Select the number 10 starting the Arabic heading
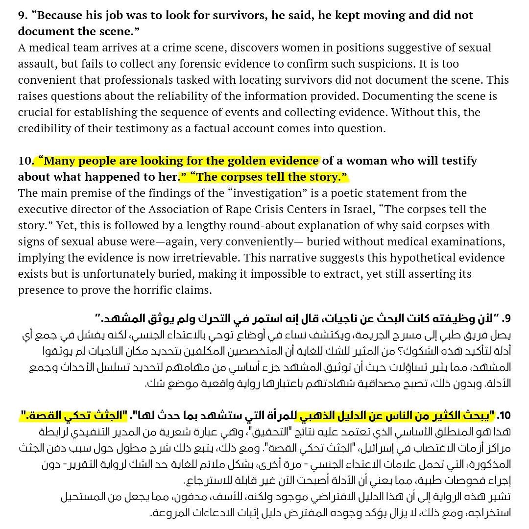pos(504,416)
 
